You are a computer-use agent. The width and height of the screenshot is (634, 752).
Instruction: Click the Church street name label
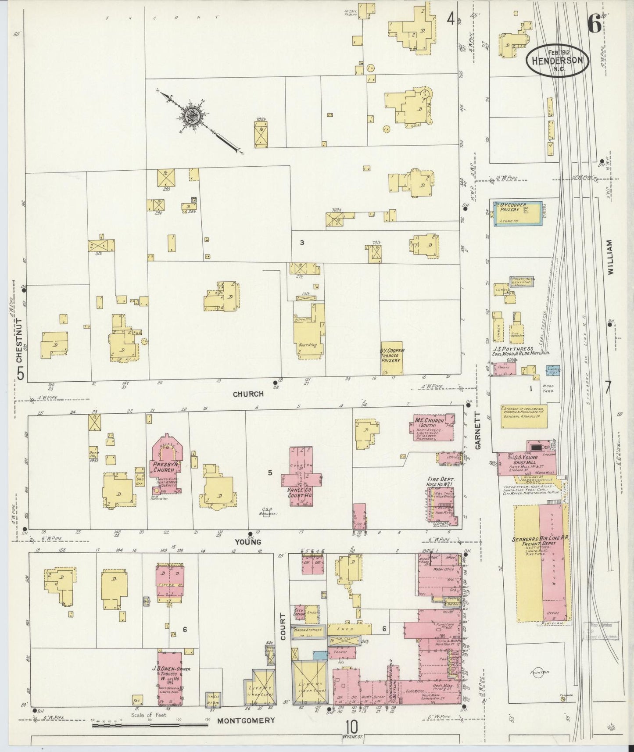tap(248, 394)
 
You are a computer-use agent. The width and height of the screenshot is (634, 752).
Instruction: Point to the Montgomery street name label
tap(246, 720)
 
